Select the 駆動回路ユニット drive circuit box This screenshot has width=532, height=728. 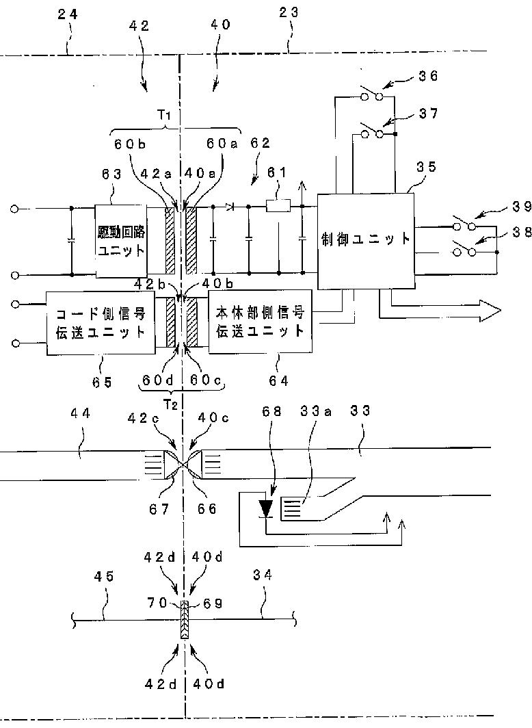[x=121, y=241]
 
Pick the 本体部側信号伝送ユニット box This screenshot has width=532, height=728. [x=260, y=322]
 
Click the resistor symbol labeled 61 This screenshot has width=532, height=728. [x=279, y=204]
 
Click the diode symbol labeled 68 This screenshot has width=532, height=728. [x=267, y=508]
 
